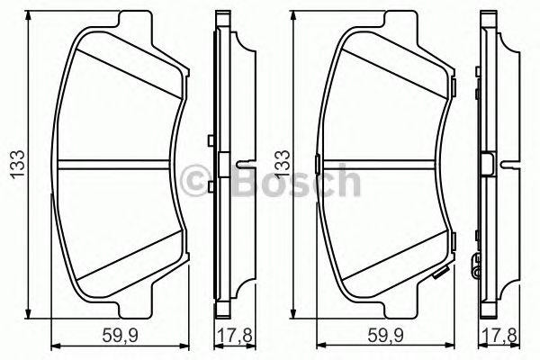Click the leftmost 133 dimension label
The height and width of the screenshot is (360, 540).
click(18, 165)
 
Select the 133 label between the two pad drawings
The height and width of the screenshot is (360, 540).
click(283, 165)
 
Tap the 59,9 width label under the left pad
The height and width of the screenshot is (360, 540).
click(121, 336)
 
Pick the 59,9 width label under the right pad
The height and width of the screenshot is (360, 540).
click(386, 336)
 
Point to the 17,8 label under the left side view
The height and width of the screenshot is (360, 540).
click(236, 336)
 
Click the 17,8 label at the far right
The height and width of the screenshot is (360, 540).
click(501, 336)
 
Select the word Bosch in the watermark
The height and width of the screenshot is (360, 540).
click(297, 181)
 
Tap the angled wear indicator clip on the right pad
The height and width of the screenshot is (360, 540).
click(442, 273)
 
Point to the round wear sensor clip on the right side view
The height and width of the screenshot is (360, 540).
click(477, 266)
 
